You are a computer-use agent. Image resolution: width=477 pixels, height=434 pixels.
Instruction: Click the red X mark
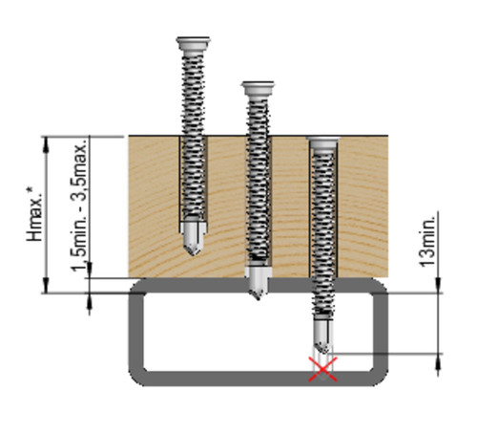(x=322, y=369)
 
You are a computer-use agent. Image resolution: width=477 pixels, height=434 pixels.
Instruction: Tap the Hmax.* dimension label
(x=34, y=214)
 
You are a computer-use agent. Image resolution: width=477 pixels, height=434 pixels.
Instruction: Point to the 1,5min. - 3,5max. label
(x=78, y=205)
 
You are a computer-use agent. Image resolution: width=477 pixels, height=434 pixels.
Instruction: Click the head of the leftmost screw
(x=194, y=43)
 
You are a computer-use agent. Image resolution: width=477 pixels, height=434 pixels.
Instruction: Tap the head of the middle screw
(x=258, y=88)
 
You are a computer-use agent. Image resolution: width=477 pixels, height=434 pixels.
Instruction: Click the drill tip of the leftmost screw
(x=193, y=239)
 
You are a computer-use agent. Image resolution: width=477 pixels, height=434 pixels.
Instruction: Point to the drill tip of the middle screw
(x=258, y=284)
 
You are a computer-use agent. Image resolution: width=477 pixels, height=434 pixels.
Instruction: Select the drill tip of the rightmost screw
(x=322, y=336)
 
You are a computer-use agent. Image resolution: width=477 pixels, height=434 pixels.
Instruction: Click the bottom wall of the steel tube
(x=258, y=379)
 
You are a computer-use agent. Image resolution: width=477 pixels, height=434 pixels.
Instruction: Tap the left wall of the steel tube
(x=136, y=332)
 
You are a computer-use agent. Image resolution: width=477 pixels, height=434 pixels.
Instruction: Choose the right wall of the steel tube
(x=381, y=332)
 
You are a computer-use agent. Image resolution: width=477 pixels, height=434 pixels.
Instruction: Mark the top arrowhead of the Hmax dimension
(x=47, y=143)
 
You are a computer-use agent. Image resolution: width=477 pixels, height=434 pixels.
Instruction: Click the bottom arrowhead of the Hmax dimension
(x=47, y=286)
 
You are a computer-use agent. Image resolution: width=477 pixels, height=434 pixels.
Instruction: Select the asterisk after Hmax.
(x=30, y=190)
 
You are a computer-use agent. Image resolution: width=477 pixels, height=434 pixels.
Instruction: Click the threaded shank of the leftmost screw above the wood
(x=193, y=93)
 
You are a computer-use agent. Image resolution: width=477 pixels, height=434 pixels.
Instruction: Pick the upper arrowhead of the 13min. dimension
(x=438, y=285)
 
